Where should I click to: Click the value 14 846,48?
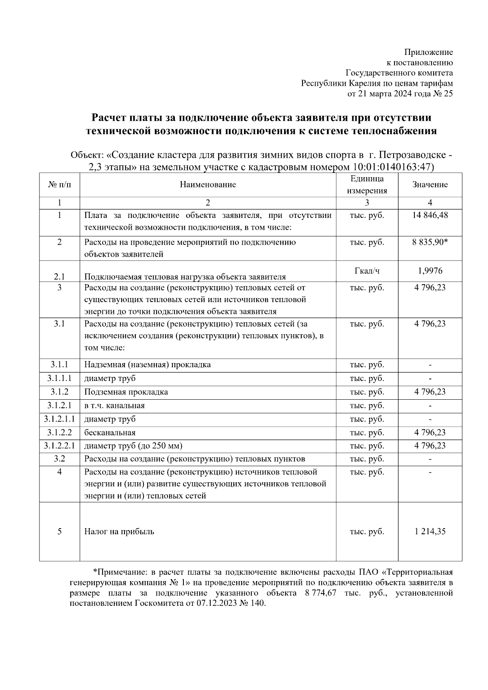point(430,215)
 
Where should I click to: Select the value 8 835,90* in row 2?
point(430,242)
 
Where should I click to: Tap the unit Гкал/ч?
point(367,271)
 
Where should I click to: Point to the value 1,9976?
point(430,271)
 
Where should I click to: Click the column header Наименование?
point(208,185)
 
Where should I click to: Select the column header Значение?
point(430,185)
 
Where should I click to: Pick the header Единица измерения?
point(367,185)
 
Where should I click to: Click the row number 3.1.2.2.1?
point(59,446)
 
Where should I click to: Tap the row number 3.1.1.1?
point(59,378)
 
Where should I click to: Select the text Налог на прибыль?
point(119,531)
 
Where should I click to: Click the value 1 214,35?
point(430,531)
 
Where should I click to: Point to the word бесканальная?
point(110,433)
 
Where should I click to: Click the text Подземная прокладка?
point(126,392)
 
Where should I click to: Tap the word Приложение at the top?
point(428,52)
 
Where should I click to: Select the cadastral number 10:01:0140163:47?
point(391,167)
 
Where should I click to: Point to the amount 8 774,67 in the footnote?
point(320,593)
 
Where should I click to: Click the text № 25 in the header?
point(442,94)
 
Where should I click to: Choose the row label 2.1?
point(59,277)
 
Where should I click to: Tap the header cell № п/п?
point(59,185)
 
